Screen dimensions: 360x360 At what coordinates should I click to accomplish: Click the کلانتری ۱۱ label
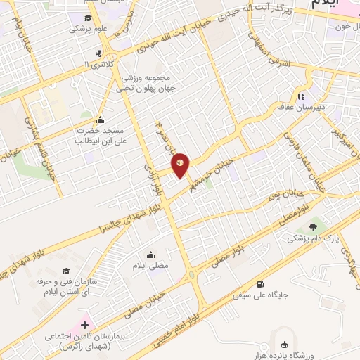[96, 64]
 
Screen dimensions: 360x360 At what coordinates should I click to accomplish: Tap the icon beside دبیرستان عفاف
[301, 97]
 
